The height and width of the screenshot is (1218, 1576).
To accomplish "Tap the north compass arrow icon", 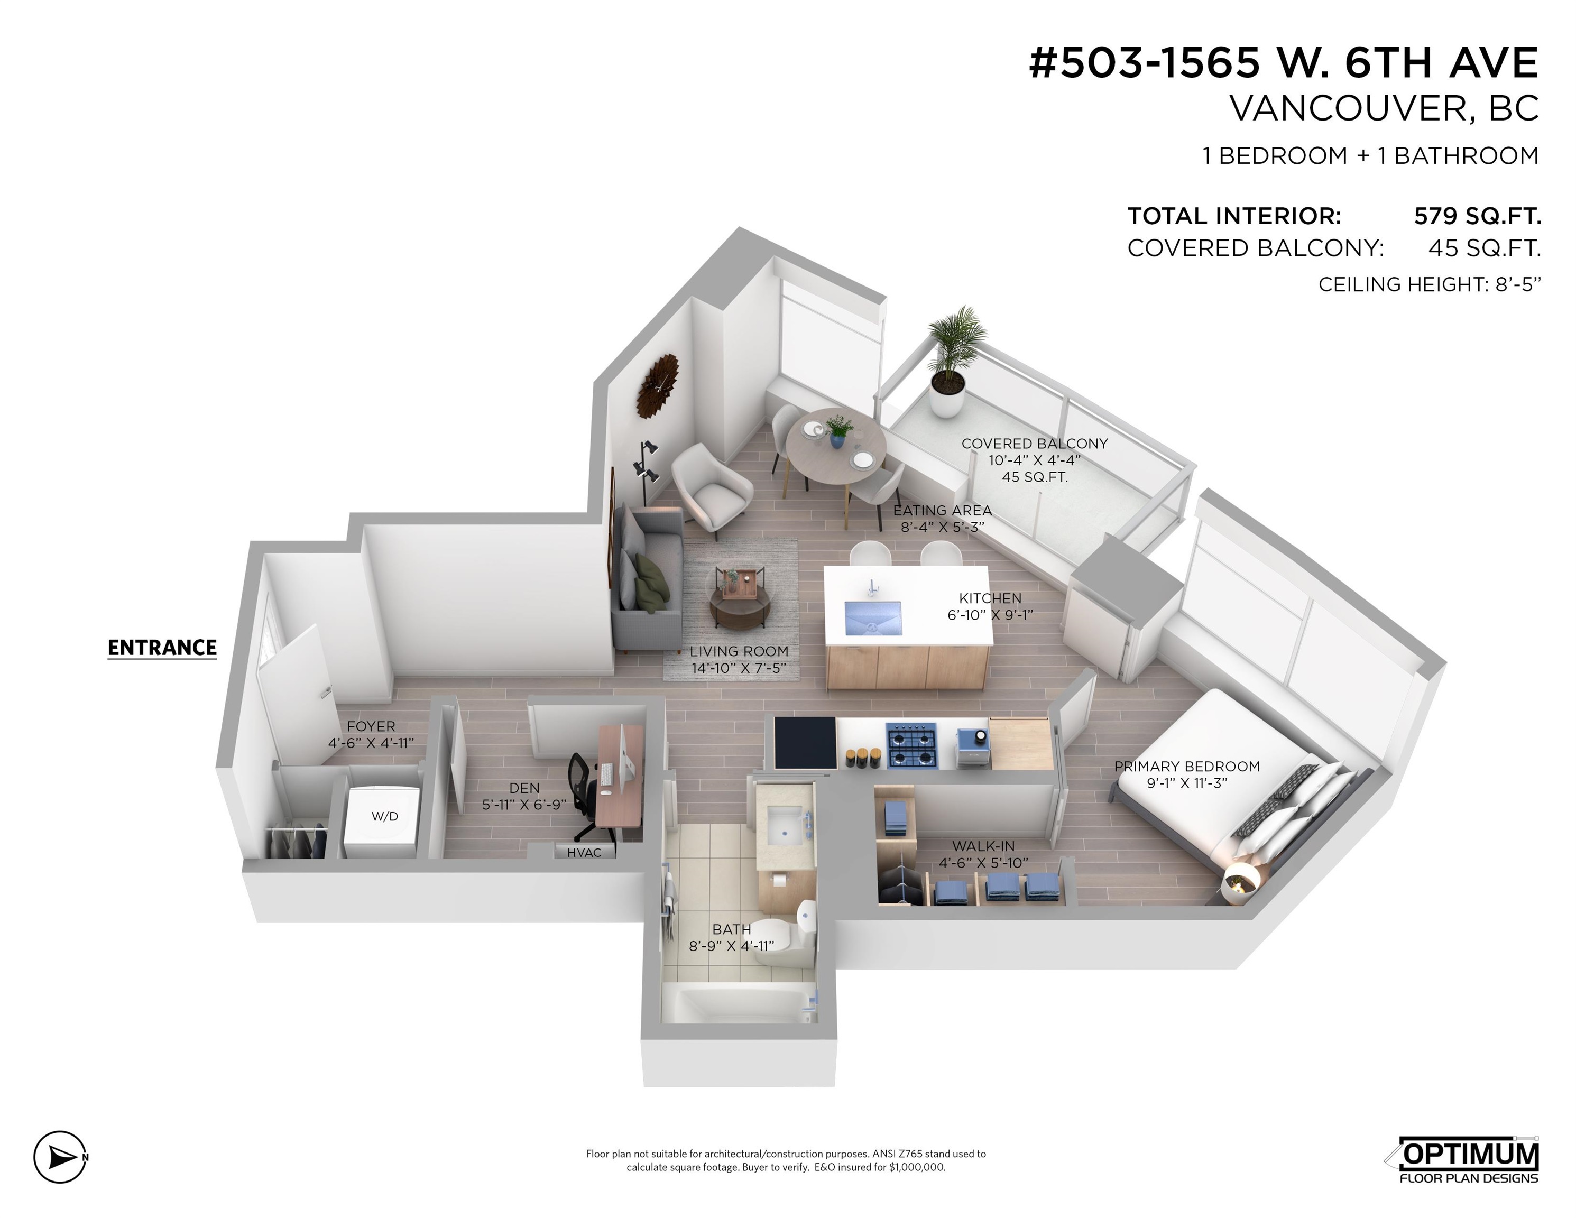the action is click(x=61, y=1157).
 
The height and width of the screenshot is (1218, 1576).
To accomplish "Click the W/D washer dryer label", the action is click(x=385, y=816).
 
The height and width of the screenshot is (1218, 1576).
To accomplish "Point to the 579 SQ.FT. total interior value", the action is click(x=1477, y=216).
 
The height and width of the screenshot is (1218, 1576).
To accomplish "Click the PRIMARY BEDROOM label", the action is click(x=1187, y=767).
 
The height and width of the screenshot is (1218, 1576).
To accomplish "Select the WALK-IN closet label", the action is click(x=983, y=846).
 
